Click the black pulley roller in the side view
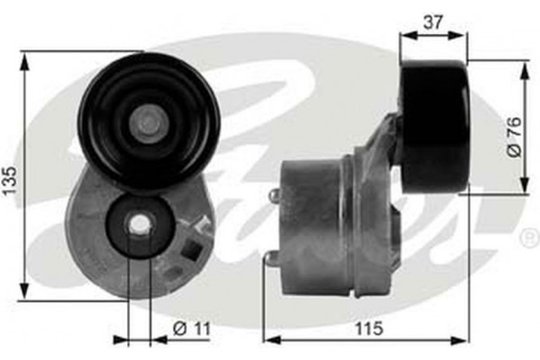[x=435, y=126]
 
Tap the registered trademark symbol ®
[x=528, y=238]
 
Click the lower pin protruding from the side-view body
[x=267, y=259]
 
